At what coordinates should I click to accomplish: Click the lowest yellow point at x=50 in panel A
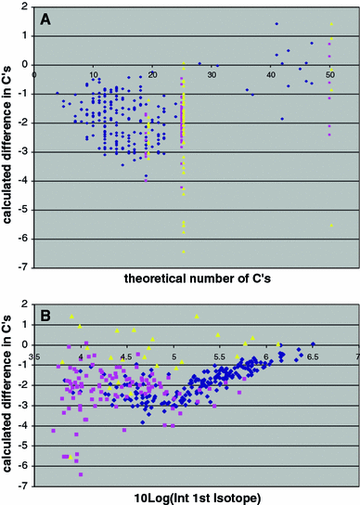tap(330, 226)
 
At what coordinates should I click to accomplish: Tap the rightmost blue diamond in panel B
tap(313, 343)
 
